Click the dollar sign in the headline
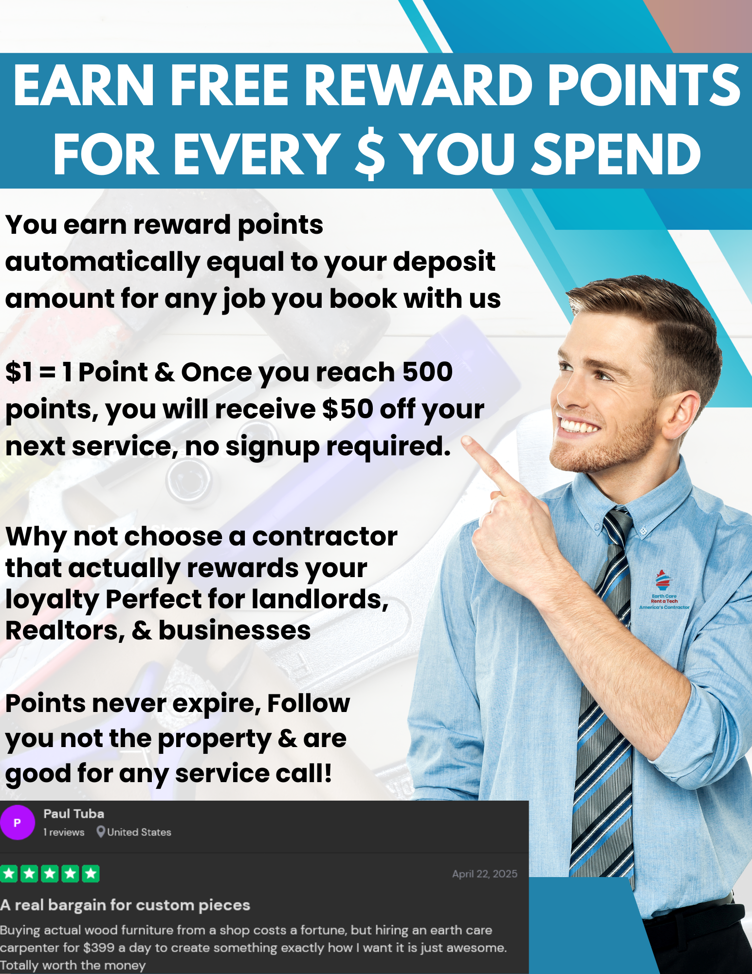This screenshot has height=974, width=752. point(370,154)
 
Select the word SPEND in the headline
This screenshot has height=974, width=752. point(616,154)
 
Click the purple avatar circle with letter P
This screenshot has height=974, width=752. point(18,823)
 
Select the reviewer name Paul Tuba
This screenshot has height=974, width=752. point(73,814)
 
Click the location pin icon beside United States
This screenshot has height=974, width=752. point(101,831)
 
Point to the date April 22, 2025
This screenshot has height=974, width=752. point(485,874)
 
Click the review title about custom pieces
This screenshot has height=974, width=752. point(125,905)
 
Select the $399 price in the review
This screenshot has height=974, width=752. point(99,948)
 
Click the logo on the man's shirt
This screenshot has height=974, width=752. point(664,590)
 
